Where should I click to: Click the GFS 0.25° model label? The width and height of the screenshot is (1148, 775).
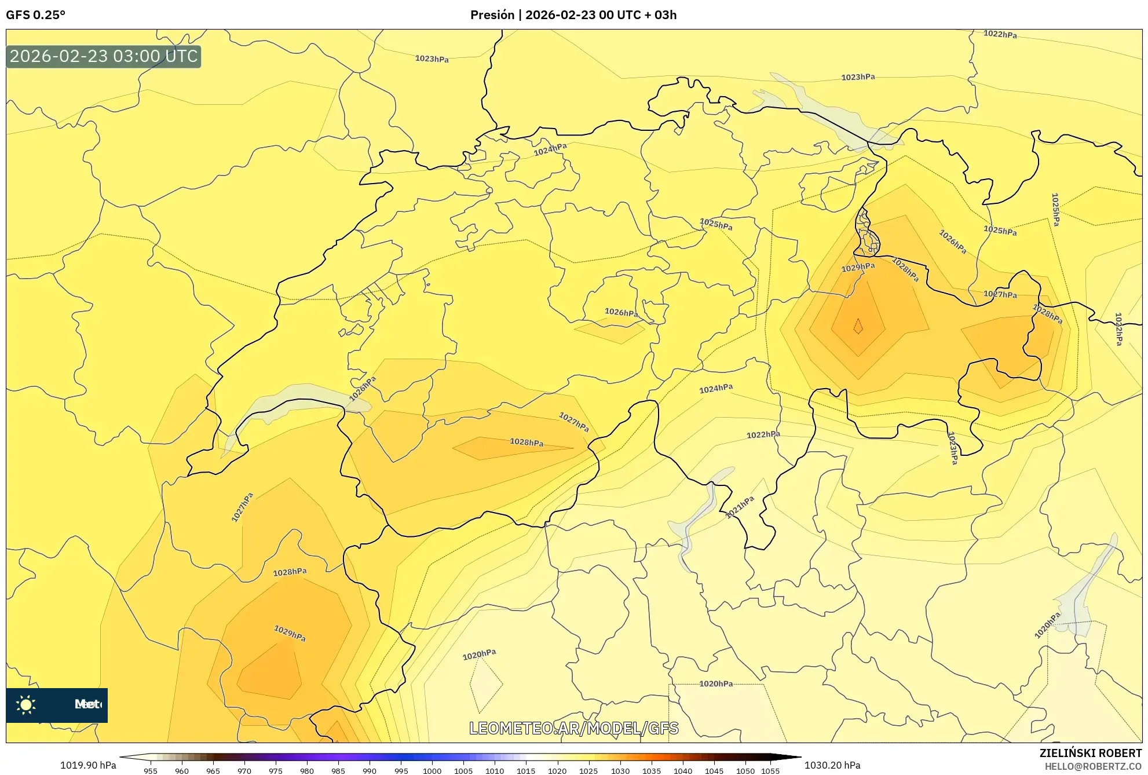click(35, 15)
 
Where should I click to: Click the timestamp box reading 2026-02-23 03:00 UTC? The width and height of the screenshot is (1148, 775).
click(104, 56)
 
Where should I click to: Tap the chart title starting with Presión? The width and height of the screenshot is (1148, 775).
click(573, 15)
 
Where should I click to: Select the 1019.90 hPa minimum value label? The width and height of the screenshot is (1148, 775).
click(88, 765)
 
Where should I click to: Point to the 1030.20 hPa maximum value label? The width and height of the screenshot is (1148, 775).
click(832, 765)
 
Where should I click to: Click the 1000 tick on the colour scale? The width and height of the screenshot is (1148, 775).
click(432, 771)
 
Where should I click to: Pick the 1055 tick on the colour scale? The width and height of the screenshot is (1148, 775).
click(770, 771)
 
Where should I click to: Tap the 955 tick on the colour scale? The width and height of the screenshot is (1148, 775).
click(151, 771)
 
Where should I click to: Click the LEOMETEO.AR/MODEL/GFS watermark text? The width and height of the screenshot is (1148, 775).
click(573, 728)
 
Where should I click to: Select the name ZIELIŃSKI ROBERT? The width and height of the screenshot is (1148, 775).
click(1091, 753)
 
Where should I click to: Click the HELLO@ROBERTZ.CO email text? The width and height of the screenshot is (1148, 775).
click(1093, 766)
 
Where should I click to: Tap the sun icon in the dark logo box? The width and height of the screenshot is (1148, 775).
click(26, 705)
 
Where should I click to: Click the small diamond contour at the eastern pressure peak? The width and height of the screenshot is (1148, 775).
click(858, 327)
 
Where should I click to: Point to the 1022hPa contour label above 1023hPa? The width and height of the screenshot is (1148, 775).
click(1000, 34)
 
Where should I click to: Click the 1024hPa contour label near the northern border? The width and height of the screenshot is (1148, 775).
click(550, 149)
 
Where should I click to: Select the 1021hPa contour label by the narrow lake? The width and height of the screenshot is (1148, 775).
click(740, 507)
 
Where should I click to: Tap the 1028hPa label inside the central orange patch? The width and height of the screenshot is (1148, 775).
click(527, 442)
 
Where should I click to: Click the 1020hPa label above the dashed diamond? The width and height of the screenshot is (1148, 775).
click(479, 655)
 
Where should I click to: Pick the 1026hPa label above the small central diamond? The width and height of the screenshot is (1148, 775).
click(621, 312)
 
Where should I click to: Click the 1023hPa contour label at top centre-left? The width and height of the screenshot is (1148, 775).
click(432, 59)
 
